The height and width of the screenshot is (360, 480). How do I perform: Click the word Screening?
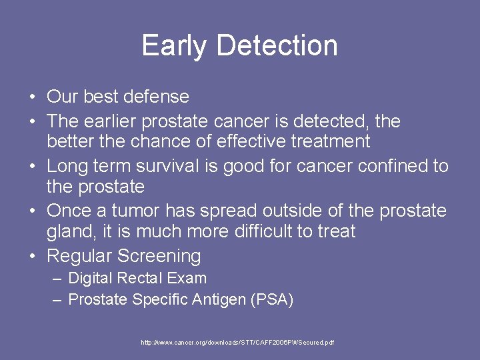coord(159,256)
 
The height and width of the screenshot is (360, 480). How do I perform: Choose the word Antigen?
coord(219,300)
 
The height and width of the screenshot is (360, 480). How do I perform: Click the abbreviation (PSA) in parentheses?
coord(271,300)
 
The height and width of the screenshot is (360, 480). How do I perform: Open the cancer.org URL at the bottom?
coord(237,343)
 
